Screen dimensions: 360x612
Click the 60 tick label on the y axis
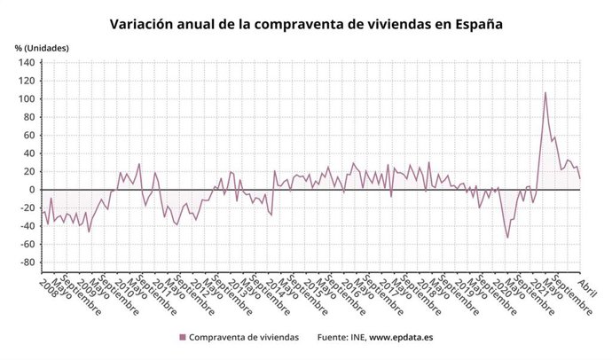click(x=27, y=135)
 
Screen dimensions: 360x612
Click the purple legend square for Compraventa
click(x=183, y=337)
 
